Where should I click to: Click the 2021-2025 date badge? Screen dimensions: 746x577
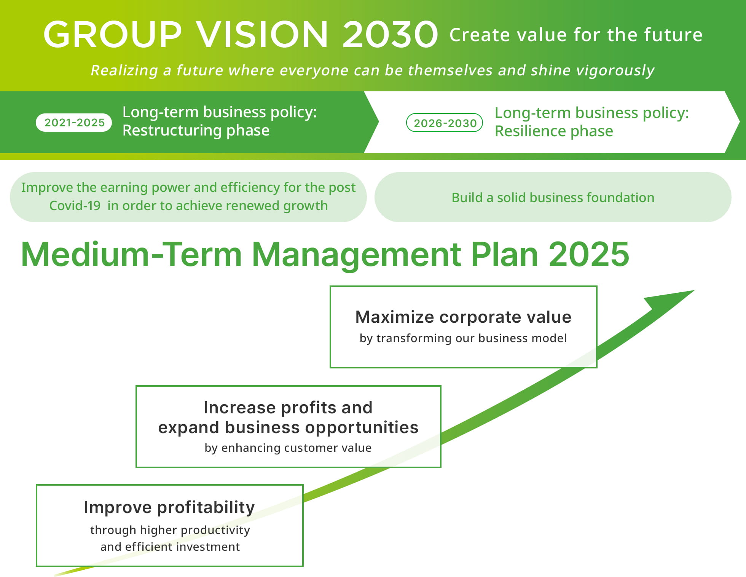(74, 123)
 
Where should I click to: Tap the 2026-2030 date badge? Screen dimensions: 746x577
(445, 123)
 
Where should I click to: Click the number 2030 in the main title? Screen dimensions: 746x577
(390, 35)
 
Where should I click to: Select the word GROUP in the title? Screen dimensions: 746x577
(113, 35)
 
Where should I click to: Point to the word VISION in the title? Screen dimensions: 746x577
(262, 35)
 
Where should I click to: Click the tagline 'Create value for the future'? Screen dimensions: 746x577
(576, 35)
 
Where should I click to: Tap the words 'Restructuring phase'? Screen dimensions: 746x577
(196, 131)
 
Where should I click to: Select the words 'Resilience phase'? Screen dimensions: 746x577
(554, 131)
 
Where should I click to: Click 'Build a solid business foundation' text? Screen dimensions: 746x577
(553, 198)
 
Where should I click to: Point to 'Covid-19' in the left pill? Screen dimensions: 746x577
(75, 206)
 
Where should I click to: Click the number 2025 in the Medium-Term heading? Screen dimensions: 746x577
(589, 254)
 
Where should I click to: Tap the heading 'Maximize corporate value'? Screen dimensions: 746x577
(463, 317)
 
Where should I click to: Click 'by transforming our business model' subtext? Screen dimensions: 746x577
(463, 338)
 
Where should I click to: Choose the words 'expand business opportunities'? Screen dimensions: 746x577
(288, 428)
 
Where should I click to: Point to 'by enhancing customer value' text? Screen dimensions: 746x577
(288, 448)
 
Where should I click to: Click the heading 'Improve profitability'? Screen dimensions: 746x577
(169, 508)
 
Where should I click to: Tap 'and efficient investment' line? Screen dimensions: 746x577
(170, 547)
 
